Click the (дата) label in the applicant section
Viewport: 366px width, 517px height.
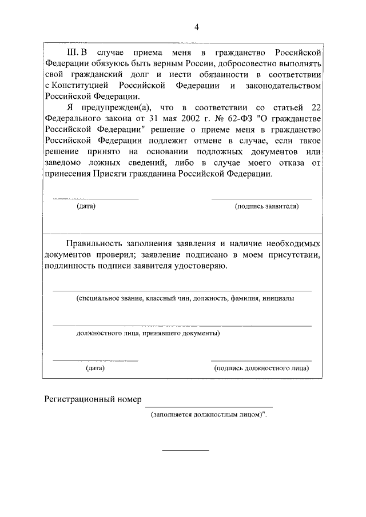click(x=86, y=206)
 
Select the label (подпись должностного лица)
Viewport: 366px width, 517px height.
click(x=262, y=368)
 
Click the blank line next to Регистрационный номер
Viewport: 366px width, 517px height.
click(x=200, y=406)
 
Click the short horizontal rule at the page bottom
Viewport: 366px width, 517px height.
click(x=186, y=451)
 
